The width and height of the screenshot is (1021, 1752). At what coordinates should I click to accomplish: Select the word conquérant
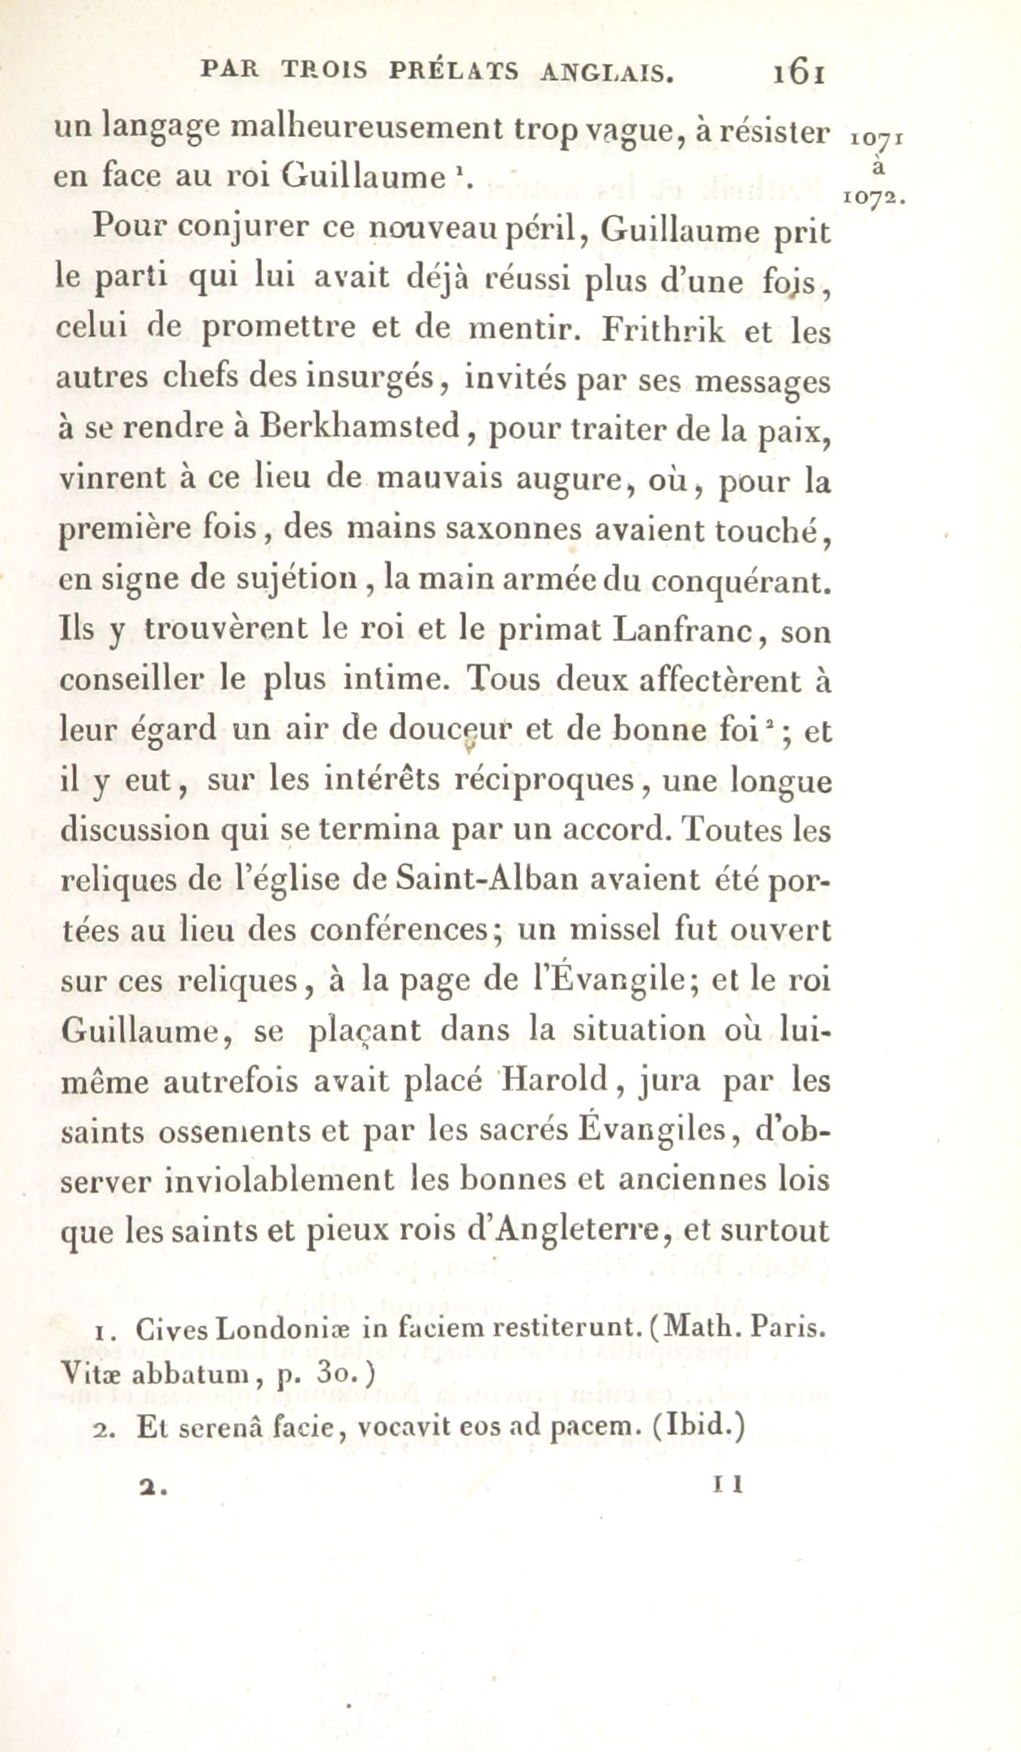pos(742,581)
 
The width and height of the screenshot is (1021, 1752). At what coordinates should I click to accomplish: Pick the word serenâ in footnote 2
pos(214,1426)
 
